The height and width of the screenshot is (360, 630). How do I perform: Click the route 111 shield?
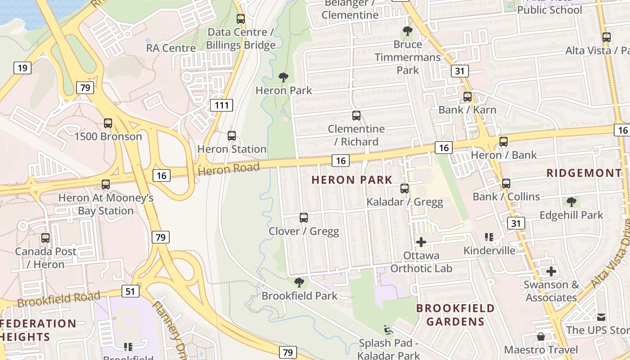[221, 106]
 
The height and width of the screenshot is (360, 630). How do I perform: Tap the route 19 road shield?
[22, 68]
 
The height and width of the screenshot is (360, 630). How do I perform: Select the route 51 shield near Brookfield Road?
[130, 291]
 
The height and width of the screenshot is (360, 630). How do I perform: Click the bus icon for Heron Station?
[232, 135]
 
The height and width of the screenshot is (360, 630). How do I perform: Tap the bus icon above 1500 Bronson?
[108, 123]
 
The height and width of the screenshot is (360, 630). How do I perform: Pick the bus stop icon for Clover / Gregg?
[304, 218]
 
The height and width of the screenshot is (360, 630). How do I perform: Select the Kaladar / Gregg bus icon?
[405, 189]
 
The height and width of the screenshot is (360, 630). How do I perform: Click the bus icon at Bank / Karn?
[468, 96]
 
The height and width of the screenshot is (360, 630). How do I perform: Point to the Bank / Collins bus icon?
[506, 183]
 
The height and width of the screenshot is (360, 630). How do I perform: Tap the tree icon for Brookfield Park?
[299, 283]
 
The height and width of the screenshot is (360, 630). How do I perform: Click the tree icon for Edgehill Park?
[571, 202]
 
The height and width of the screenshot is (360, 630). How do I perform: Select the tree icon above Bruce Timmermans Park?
[408, 31]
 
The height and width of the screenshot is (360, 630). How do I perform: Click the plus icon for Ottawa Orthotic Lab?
[421, 242]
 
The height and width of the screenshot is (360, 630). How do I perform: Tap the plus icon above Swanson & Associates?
[551, 271]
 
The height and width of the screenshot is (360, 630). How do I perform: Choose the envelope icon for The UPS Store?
[601, 317]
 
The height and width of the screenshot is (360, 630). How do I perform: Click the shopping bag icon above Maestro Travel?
[541, 337]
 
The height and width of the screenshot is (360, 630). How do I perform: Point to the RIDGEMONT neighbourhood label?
[584, 173]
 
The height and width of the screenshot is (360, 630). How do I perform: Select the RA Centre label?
[171, 48]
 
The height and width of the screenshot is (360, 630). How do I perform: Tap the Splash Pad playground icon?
[387, 330]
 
